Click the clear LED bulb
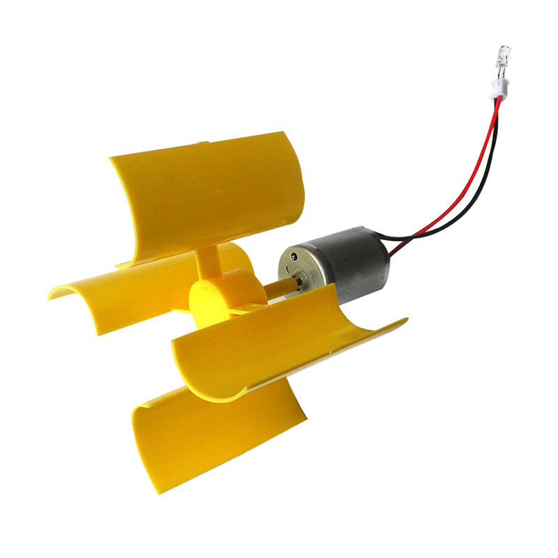[504, 54]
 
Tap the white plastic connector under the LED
[499, 88]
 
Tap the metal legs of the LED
[500, 70]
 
